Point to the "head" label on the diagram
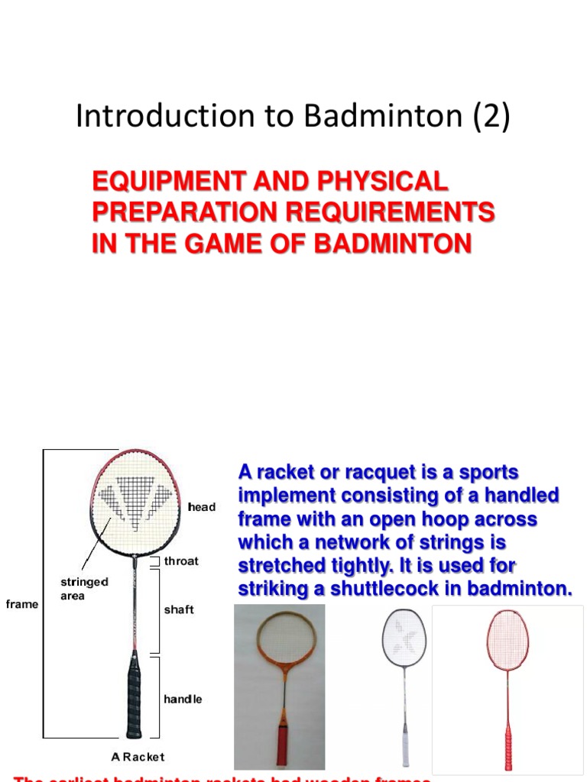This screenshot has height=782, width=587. point(202,506)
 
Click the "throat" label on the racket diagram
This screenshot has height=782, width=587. point(181,561)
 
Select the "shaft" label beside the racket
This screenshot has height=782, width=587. point(179,609)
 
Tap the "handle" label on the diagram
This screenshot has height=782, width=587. point(183,699)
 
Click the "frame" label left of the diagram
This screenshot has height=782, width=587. point(21,604)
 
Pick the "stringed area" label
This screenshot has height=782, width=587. point(84,588)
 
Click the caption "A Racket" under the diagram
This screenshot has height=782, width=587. point(138,757)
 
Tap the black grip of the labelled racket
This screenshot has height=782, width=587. point(135,695)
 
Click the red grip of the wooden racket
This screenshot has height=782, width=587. point(282,744)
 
